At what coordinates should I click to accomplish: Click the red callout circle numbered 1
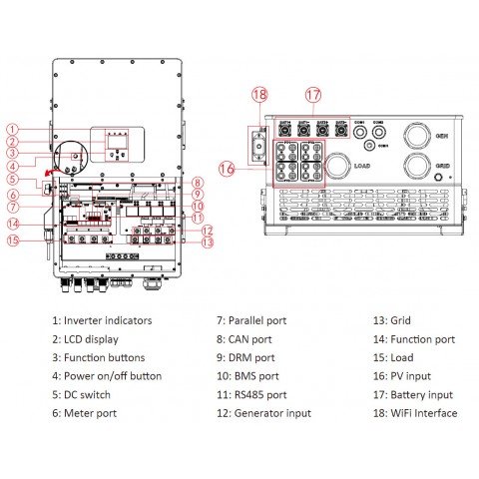point(12,129)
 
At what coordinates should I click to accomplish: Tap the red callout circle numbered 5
point(12,180)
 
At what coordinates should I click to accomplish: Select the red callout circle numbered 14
point(13,223)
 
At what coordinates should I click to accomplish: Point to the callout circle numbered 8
point(198,183)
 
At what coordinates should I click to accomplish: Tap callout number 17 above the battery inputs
point(314,96)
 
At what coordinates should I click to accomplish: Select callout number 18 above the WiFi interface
point(259,96)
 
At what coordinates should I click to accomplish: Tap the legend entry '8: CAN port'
point(243,338)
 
